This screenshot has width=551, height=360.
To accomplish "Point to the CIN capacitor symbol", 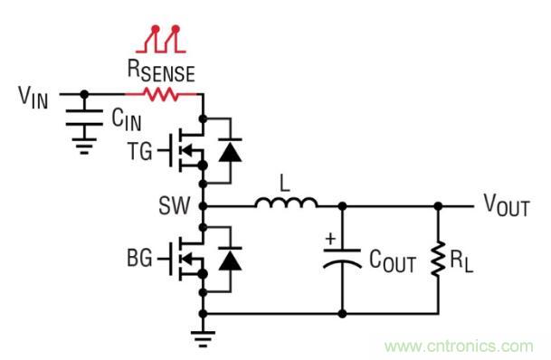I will tap(85, 118).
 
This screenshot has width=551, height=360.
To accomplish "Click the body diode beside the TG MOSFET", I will tap(233, 150).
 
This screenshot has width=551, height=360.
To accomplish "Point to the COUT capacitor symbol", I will tap(343, 263).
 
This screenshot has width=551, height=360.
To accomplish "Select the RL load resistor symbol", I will tap(440, 262).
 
